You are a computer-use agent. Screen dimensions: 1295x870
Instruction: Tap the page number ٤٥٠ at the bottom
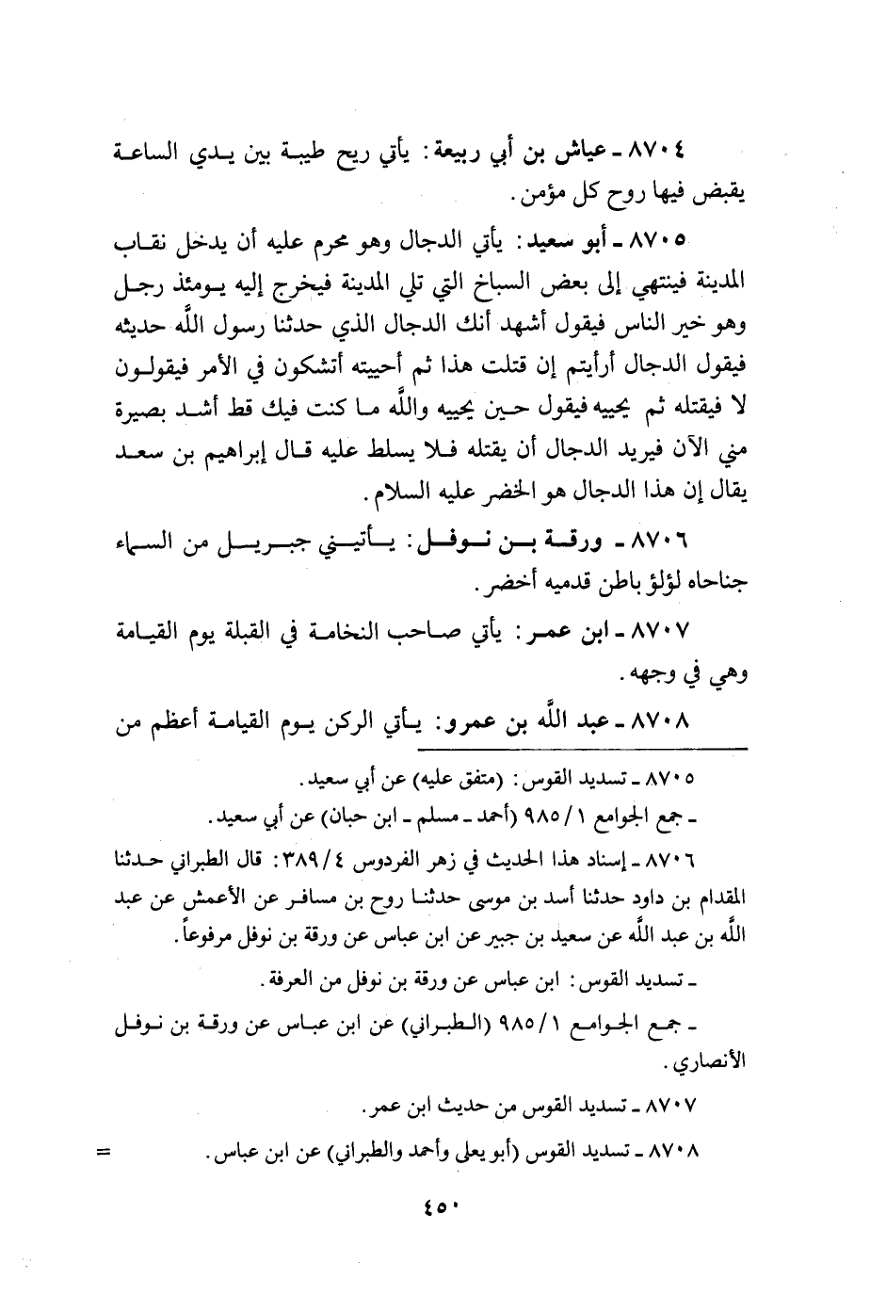pos(434,1209)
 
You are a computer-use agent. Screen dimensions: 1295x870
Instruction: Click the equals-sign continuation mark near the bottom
pos(104,1152)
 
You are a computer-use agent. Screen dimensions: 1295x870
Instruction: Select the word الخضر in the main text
pos(489,495)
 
